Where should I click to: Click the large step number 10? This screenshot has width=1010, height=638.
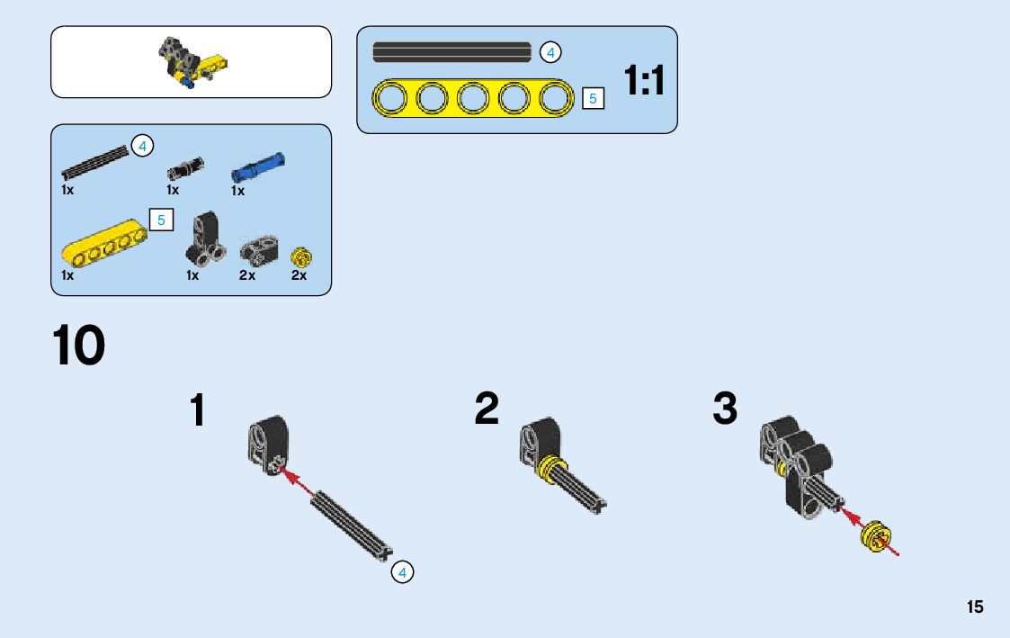(79, 346)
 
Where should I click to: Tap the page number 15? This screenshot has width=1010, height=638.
(975, 607)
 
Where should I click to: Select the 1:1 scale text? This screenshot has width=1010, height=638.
(645, 82)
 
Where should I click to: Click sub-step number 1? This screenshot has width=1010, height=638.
(198, 411)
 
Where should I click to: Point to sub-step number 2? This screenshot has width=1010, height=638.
(487, 409)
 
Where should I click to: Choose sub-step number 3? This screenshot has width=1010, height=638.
(725, 409)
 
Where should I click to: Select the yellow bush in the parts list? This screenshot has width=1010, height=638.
(300, 257)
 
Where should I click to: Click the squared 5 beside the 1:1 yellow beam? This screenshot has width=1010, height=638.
(593, 98)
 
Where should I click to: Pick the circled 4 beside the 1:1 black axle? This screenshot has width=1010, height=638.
(550, 52)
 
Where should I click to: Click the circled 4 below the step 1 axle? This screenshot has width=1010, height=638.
(402, 571)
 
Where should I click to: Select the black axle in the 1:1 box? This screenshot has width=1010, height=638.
(451, 52)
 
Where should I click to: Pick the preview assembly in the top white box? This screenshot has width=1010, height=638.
(192, 62)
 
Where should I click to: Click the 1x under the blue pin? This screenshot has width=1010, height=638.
(237, 191)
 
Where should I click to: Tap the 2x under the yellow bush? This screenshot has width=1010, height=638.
(299, 276)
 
